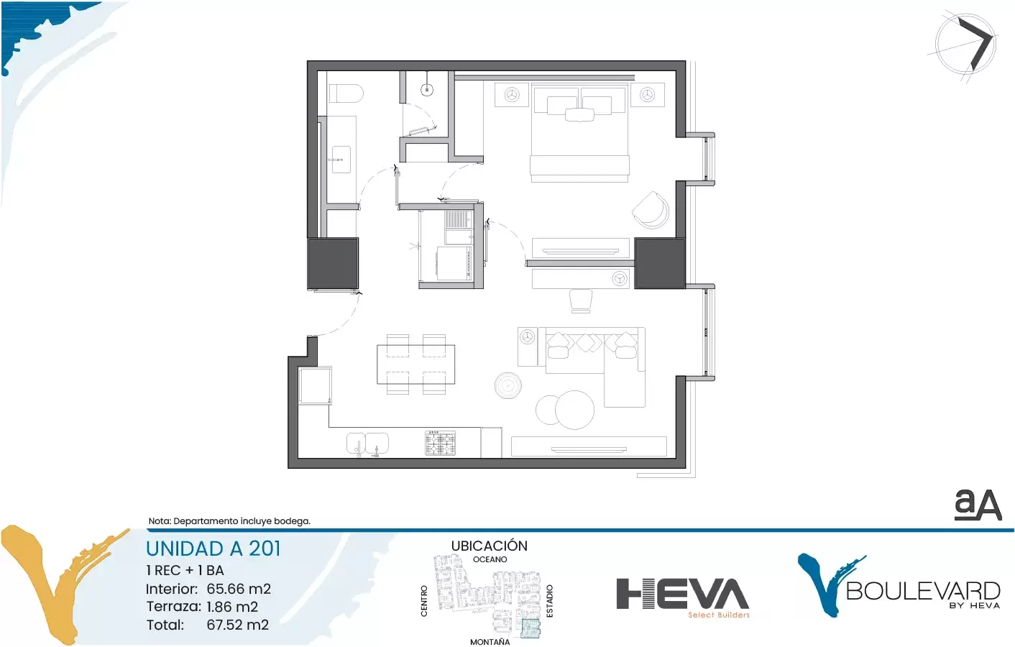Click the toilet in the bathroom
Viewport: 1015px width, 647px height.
click(346, 93)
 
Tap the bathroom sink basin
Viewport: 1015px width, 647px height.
click(341, 160)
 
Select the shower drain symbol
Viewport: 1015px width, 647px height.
click(427, 90)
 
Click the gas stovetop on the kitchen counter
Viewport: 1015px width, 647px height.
click(440, 443)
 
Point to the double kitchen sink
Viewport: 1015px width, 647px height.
click(367, 443)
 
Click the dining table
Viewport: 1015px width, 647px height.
click(416, 364)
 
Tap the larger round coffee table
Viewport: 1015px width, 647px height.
click(574, 410)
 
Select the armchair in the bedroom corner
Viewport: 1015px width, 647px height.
click(651, 210)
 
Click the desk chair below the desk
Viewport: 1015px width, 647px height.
click(580, 300)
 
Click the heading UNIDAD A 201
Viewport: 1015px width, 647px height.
click(213, 549)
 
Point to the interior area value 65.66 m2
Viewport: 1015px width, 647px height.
click(239, 589)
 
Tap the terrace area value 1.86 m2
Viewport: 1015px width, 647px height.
click(232, 607)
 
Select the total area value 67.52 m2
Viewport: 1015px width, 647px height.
click(238, 625)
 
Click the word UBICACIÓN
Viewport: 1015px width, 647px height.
click(490, 546)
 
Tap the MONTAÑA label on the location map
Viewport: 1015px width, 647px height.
click(490, 642)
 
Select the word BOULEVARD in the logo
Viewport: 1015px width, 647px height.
click(923, 591)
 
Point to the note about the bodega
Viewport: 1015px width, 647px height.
click(229, 521)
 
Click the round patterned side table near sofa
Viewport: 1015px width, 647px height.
click(508, 386)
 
